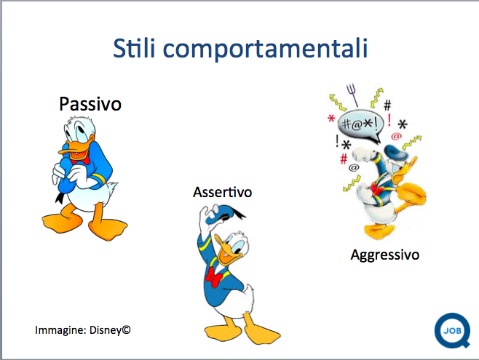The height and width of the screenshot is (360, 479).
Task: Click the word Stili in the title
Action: [134, 48]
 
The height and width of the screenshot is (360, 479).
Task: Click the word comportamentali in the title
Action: [265, 49]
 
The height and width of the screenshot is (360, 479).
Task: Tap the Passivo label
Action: [90, 104]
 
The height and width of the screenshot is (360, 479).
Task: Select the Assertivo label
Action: [223, 192]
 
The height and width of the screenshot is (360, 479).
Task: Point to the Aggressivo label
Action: [384, 255]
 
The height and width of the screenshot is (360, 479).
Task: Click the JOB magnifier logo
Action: [452, 331]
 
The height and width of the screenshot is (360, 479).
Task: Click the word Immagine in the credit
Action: [60, 330]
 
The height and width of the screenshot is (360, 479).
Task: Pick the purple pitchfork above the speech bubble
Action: [352, 95]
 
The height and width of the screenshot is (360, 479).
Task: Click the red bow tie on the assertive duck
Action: [214, 277]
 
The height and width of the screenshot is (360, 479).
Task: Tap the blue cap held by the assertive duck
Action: [221, 214]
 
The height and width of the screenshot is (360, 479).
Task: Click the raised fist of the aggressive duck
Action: [363, 155]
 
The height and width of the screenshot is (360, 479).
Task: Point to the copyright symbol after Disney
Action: [127, 329]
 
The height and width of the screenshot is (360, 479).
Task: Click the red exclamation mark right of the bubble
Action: [389, 120]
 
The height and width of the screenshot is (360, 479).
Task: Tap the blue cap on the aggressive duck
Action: [395, 151]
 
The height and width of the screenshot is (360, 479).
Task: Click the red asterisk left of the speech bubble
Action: [331, 118]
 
